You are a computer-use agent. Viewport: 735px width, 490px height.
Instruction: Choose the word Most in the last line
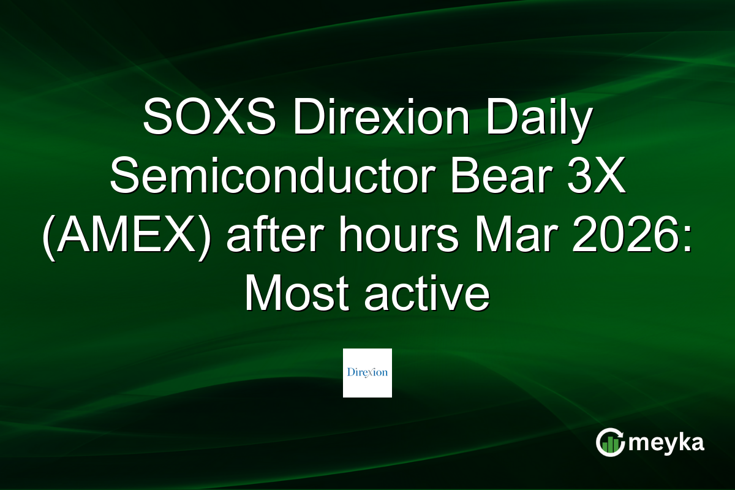click(x=298, y=296)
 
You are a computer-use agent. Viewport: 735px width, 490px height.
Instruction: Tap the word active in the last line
click(x=425, y=296)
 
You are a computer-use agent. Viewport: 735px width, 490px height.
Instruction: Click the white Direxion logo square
click(x=367, y=373)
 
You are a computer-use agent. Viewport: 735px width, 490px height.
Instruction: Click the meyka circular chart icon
click(x=610, y=443)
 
